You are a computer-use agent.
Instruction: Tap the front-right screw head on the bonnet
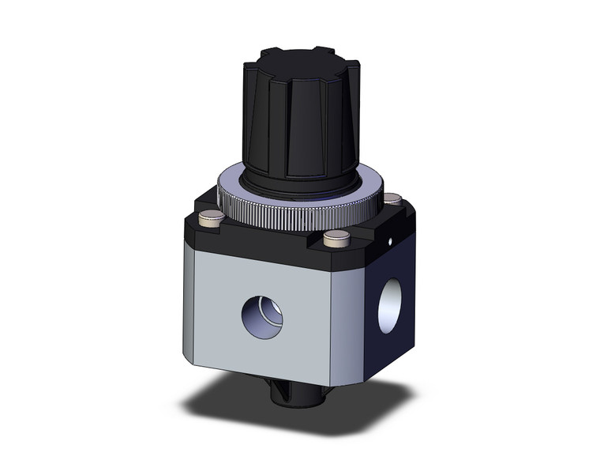click(x=336, y=236)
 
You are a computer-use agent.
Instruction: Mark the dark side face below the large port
click(x=387, y=348)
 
